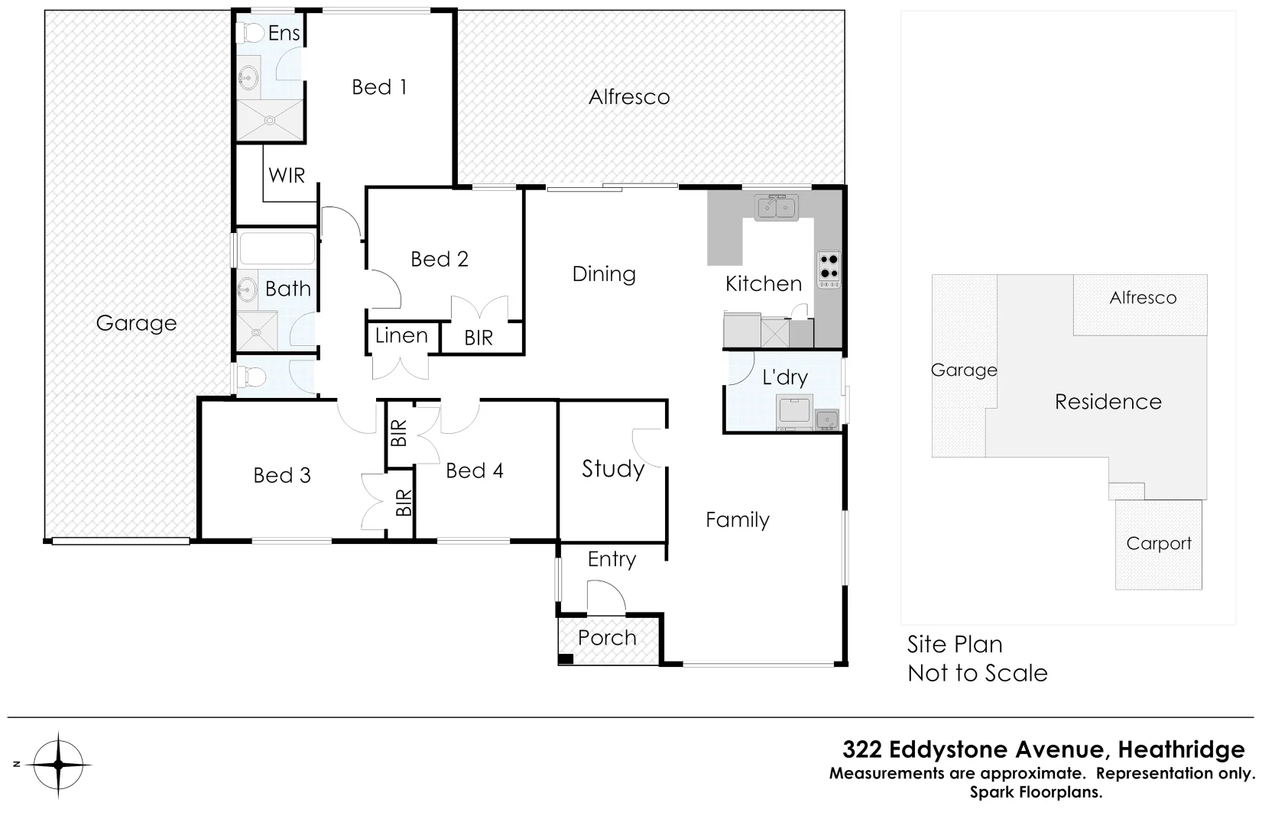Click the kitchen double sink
pos(776,207)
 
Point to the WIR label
pos(287,176)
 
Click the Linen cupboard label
pos(401,335)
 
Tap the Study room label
pos(613,468)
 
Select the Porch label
pos(607,638)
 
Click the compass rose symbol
pos(59,765)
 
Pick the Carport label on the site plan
pos(1159,544)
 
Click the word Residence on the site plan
pos(1108,402)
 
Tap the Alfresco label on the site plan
pos(1143,298)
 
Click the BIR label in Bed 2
pos(479,338)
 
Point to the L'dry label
pos(785,377)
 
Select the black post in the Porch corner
pos(566,659)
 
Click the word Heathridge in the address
pos(1181,749)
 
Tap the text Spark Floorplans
pos(1036,792)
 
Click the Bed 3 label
pos(282,475)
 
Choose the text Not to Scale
pos(978,673)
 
